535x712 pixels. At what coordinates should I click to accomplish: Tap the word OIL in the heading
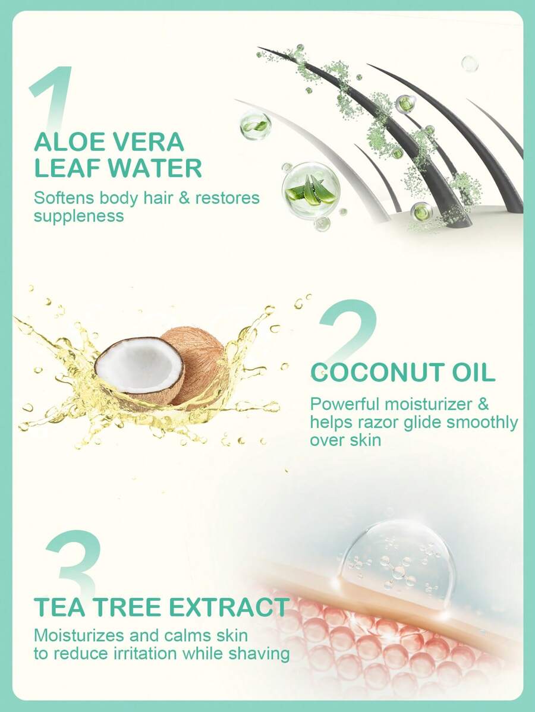(x=473, y=373)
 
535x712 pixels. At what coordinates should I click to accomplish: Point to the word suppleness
(x=78, y=216)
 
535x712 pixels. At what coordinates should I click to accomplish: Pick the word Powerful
(x=345, y=404)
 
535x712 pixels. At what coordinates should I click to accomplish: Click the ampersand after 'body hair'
(x=184, y=198)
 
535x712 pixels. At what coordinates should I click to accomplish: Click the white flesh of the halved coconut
(x=139, y=365)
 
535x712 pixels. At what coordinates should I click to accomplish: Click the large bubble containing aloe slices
(x=311, y=190)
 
